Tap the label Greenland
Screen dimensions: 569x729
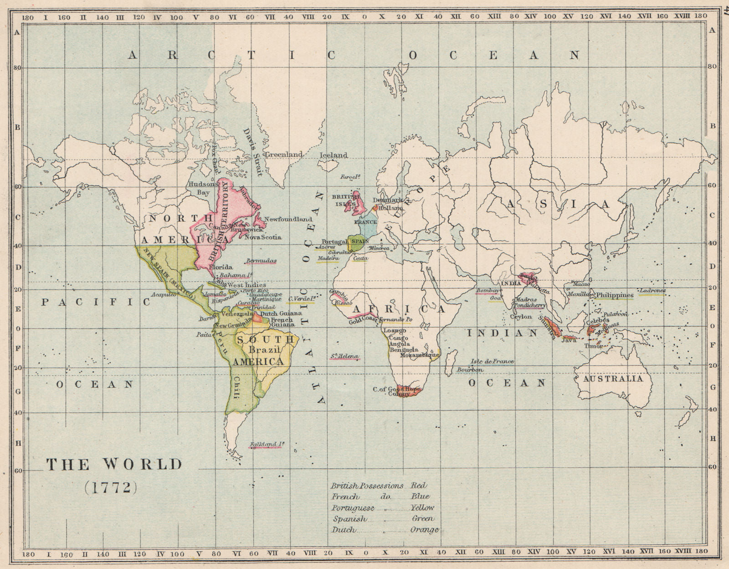pyautogui.click(x=284, y=154)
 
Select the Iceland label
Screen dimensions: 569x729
pyautogui.click(x=334, y=155)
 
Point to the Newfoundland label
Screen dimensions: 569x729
pyautogui.click(x=288, y=219)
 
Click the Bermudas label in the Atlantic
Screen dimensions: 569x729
pyautogui.click(x=261, y=261)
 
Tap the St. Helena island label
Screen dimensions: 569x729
pyautogui.click(x=345, y=356)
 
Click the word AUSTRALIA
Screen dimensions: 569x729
pyautogui.click(x=613, y=379)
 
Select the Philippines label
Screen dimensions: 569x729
pyautogui.click(x=615, y=295)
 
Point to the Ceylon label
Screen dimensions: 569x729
pyautogui.click(x=521, y=317)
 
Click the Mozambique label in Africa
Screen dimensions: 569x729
pyautogui.click(x=420, y=355)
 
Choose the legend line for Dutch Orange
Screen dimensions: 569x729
pyautogui.click(x=385, y=530)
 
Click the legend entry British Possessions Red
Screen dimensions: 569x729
pyautogui.click(x=379, y=486)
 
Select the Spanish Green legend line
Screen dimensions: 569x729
pyautogui.click(x=382, y=519)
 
